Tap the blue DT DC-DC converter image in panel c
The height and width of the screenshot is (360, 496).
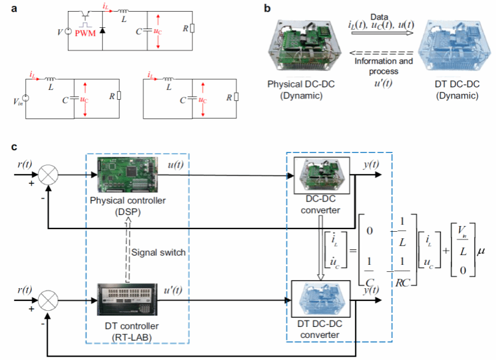coord(322,302)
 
